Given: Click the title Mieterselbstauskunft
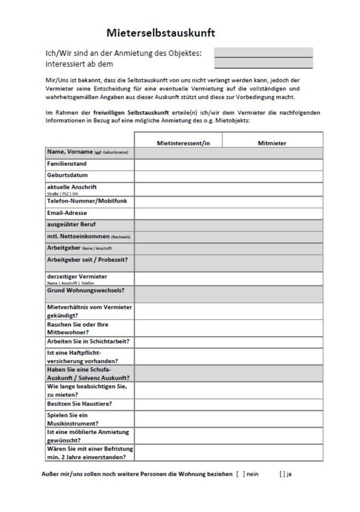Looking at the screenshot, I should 161,33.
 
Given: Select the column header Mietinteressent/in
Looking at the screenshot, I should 183,143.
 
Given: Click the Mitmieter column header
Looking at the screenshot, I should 272,143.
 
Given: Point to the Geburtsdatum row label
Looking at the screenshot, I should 67,175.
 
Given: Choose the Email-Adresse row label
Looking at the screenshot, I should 67,213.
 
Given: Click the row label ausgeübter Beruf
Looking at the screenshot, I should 71,225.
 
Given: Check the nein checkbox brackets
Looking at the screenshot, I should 241,474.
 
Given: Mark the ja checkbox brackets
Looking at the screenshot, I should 282,474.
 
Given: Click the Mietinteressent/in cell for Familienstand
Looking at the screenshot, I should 178,164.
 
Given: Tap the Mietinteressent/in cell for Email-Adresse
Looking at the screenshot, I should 178,213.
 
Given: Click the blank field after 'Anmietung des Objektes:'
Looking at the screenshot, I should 263,52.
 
